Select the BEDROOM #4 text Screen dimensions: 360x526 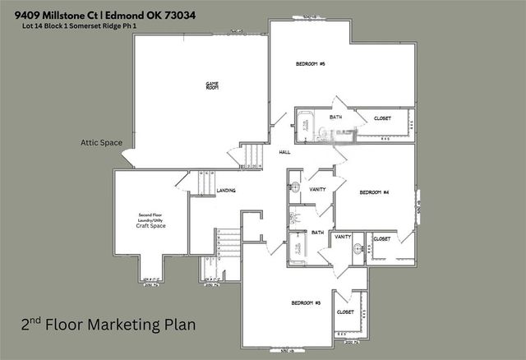click(x=374, y=192)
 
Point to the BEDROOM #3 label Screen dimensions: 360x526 click(x=306, y=302)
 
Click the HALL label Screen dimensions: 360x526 click(x=284, y=152)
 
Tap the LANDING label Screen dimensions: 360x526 click(x=226, y=191)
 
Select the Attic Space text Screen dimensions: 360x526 click(x=101, y=142)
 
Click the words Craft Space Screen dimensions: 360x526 click(x=151, y=224)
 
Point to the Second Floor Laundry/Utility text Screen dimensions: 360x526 click(x=151, y=216)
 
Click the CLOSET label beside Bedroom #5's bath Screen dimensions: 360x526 click(x=376, y=118)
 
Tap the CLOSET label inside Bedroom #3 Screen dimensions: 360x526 click(x=345, y=312)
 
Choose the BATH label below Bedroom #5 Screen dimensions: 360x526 click(x=335, y=118)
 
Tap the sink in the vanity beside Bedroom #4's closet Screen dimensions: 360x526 click(x=358, y=253)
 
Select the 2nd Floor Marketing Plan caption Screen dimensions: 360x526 click(x=108, y=325)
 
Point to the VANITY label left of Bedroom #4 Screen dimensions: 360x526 click(x=316, y=188)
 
